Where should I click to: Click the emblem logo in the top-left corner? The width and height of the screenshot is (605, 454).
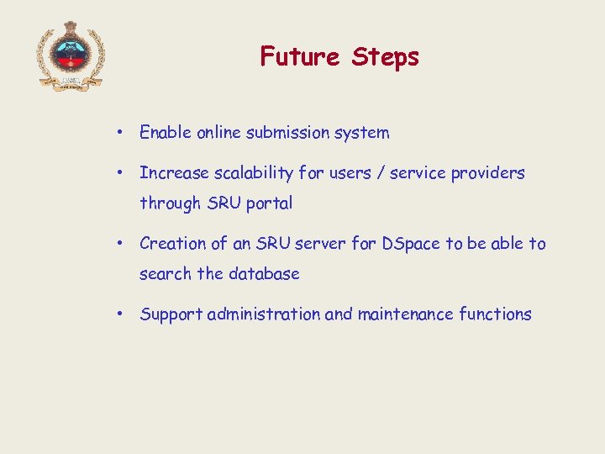point(70,55)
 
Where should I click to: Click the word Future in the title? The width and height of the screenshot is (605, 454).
point(300,57)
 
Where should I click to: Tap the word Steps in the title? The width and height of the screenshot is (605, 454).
point(385,58)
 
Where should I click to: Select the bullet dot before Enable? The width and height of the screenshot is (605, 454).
point(122,133)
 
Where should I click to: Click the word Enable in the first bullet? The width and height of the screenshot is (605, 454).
point(166,133)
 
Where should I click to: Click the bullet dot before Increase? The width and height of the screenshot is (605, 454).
point(122,173)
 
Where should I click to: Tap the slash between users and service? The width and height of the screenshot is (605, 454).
point(383,173)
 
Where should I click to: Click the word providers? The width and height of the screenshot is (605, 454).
point(487,173)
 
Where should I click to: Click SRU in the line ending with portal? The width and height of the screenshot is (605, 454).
point(224,203)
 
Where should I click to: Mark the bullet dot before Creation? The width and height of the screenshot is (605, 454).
point(122,244)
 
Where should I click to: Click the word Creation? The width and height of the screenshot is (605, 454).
point(173,244)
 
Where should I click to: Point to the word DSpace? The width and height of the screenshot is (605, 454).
point(411,244)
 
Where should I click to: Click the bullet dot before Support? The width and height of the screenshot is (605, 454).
point(122,314)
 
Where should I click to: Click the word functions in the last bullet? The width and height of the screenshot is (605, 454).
point(495,314)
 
